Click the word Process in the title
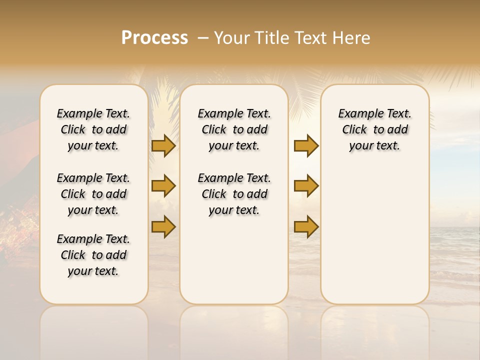tap(154, 37)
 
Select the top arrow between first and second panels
tap(163, 145)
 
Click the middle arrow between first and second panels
tap(163, 186)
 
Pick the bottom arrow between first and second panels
tap(163, 226)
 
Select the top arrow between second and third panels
tap(306, 145)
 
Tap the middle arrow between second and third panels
tap(306, 186)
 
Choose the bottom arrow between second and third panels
tap(306, 226)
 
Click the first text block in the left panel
tap(93, 129)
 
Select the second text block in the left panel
tap(93, 194)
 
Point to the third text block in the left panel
tap(93, 255)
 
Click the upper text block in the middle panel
tap(234, 129)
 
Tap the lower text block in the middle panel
tap(234, 194)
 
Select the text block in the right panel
tap(374, 129)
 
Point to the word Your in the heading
tap(231, 37)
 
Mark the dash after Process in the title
tap(202, 37)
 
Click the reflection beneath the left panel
tap(94, 330)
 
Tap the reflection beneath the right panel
tap(374, 330)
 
